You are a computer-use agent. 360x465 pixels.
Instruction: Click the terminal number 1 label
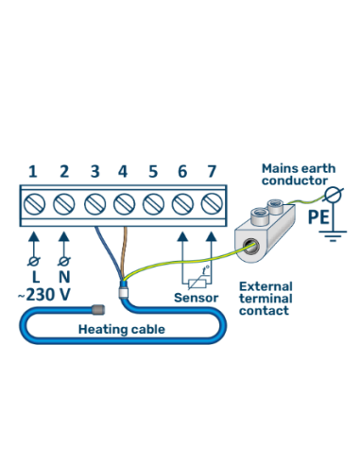(x=33, y=171)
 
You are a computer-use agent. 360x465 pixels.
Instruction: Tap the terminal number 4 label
(x=123, y=171)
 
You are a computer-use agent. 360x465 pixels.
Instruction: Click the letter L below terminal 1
(x=35, y=277)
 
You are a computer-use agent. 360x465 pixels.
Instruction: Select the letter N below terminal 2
(x=64, y=277)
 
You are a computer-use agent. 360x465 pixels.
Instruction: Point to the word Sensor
(x=196, y=297)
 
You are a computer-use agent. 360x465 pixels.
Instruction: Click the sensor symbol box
(x=197, y=275)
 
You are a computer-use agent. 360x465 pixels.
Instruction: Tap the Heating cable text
(x=121, y=329)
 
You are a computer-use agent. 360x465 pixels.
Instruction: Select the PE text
(x=318, y=218)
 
